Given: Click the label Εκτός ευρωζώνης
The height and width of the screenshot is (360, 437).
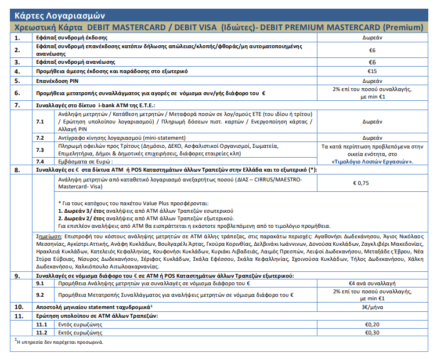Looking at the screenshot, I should (75, 333).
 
